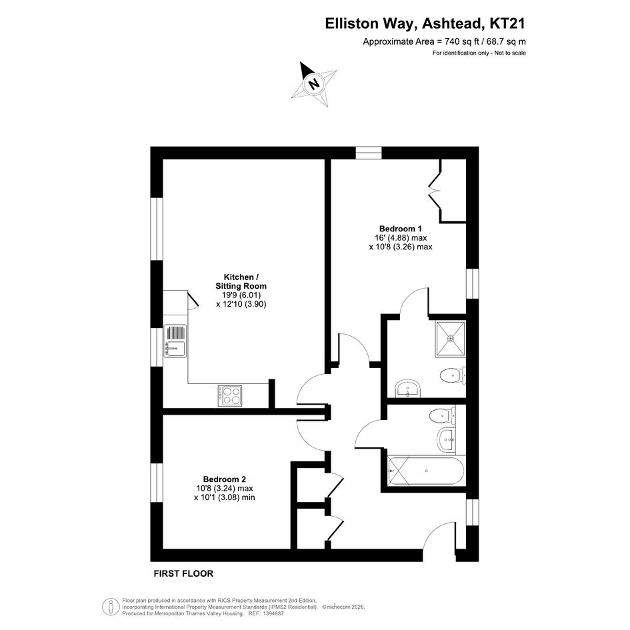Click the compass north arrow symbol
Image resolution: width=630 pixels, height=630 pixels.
pos(314,84)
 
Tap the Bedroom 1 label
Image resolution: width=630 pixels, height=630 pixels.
pos(401,229)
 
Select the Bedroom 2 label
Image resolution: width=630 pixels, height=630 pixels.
pos(224,479)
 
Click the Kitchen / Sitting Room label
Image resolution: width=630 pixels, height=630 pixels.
pos(241,281)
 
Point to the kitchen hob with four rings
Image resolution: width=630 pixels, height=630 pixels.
pos(230,395)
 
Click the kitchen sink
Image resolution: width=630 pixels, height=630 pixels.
pos(175,341)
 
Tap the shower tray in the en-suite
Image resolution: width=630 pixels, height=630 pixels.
pos(451,339)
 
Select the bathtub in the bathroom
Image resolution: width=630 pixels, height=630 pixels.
pos(425,471)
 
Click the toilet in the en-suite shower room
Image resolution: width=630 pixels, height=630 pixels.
pos(453,376)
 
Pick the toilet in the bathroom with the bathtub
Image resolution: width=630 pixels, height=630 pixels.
pos(443,415)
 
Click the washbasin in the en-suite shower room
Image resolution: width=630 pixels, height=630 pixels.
pos(409,389)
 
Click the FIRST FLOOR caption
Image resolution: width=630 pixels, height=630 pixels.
pos(183,573)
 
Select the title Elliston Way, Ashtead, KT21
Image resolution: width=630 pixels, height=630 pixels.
pos(425,24)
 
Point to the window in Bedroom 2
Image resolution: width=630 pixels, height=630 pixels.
pos(157,483)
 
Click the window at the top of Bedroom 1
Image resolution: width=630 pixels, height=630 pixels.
pos(369,153)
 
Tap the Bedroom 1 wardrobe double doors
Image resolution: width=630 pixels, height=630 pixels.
pos(435,190)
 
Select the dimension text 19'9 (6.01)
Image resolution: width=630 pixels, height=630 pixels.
pos(241,295)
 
